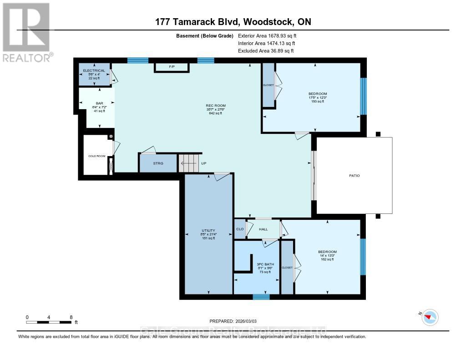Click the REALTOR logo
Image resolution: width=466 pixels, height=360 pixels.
(26, 32)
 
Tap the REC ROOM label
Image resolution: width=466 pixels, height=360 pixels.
(210, 106)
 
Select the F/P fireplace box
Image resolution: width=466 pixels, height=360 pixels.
(172, 67)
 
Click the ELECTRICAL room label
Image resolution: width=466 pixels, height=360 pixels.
(94, 71)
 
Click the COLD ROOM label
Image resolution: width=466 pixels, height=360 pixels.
(96, 156)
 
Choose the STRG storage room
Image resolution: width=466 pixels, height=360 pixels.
(157, 163)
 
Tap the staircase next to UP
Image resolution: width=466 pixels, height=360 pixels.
(188, 162)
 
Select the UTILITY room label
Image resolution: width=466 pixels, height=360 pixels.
(208, 230)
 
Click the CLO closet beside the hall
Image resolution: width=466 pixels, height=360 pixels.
(239, 229)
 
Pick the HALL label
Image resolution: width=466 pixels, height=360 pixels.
(263, 229)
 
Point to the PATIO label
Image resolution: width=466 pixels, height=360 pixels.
(354, 175)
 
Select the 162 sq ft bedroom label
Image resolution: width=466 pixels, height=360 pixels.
(327, 252)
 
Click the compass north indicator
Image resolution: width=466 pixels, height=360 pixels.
(429, 317)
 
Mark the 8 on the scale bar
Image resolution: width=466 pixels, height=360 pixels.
(71, 317)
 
